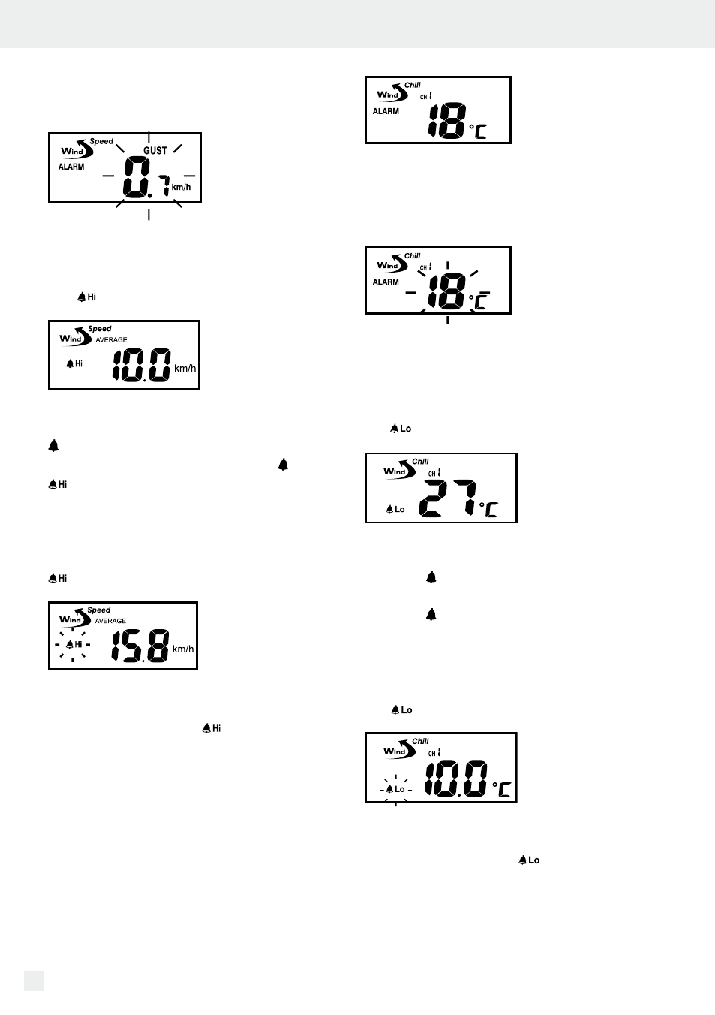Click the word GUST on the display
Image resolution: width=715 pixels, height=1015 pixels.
click(x=155, y=150)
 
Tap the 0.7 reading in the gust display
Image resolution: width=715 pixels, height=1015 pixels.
click(x=146, y=177)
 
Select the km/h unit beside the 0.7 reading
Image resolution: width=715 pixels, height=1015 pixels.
click(x=181, y=187)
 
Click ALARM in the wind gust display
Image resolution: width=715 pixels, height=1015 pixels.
click(x=71, y=167)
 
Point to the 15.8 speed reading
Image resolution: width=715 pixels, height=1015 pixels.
click(x=140, y=646)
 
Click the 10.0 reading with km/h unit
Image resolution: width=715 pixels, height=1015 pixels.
click(x=142, y=365)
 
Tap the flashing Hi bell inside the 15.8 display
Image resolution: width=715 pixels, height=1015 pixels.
click(x=74, y=644)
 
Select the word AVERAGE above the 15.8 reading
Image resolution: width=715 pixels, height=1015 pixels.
click(x=110, y=621)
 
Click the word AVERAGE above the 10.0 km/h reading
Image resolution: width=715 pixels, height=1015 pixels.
click(x=111, y=340)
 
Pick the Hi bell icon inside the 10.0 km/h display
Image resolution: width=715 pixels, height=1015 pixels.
click(x=74, y=363)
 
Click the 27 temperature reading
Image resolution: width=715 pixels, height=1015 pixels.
click(x=447, y=498)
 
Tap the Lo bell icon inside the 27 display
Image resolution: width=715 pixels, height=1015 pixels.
click(x=395, y=509)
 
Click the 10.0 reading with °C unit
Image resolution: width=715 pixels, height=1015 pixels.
click(x=456, y=779)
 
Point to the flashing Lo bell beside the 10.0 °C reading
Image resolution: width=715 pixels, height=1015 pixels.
click(x=395, y=789)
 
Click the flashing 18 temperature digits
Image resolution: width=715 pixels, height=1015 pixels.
click(x=447, y=292)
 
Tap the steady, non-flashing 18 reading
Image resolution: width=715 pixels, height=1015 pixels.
click(x=447, y=121)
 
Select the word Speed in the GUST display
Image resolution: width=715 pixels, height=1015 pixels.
click(x=101, y=141)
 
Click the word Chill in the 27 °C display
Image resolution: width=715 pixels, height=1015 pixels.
click(x=420, y=462)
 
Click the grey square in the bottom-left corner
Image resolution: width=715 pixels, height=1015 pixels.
click(x=34, y=980)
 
